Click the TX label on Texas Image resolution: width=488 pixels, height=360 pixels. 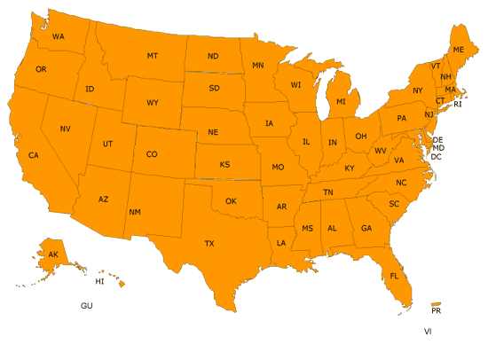(x=209, y=242)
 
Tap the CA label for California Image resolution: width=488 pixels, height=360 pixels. (x=34, y=155)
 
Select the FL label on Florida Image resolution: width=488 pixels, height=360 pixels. (x=394, y=276)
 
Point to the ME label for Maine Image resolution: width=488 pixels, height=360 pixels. (x=458, y=50)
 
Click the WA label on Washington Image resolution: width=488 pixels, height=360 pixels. (x=59, y=36)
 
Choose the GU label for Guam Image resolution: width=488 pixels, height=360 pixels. (x=86, y=305)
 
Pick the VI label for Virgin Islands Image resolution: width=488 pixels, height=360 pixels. (x=428, y=331)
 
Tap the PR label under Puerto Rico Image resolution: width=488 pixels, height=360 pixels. (x=436, y=311)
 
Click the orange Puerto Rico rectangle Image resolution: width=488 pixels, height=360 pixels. (x=436, y=302)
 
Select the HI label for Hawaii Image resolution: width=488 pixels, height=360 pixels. (x=100, y=281)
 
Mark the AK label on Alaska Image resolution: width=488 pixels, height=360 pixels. (x=53, y=254)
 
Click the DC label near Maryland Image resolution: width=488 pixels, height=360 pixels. (x=436, y=156)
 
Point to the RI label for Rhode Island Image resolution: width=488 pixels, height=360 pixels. (x=458, y=105)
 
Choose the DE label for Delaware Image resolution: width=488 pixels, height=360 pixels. (x=437, y=140)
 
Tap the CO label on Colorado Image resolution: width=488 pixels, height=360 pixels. (x=152, y=154)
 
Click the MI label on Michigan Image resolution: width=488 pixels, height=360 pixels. (x=341, y=103)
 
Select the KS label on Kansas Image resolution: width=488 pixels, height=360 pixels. (x=225, y=164)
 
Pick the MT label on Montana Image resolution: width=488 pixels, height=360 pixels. (x=153, y=56)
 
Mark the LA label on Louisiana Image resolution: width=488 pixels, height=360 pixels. (x=281, y=242)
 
